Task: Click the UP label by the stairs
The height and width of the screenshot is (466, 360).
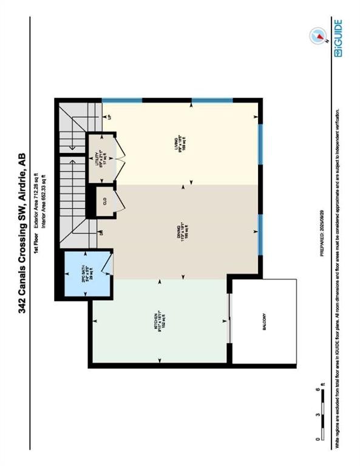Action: pos(109,116)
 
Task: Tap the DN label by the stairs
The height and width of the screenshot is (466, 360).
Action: pos(101,232)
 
